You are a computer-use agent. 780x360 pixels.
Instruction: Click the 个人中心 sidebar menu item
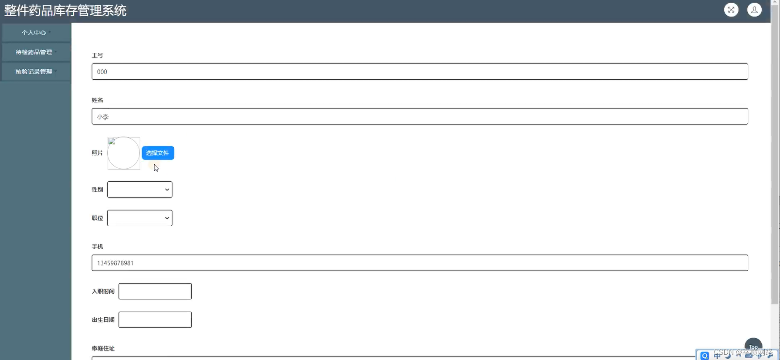click(x=34, y=33)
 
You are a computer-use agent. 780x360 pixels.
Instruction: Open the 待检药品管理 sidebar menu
click(x=34, y=52)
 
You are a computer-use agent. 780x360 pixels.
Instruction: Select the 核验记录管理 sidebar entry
click(x=34, y=72)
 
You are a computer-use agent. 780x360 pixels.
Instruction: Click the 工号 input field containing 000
click(x=420, y=72)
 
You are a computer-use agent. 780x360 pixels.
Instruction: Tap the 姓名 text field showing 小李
click(x=420, y=116)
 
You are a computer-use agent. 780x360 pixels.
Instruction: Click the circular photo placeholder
click(x=124, y=153)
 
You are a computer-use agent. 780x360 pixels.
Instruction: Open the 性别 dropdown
click(x=139, y=190)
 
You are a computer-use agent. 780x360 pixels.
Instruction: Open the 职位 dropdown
click(x=139, y=218)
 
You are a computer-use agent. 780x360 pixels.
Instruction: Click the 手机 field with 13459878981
click(x=420, y=263)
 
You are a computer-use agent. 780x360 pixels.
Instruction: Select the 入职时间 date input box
click(x=155, y=292)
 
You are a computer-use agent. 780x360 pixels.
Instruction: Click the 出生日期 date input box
click(x=155, y=320)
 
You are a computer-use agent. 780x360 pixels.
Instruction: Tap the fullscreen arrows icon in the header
click(x=731, y=10)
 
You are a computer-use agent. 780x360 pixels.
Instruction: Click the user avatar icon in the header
click(x=754, y=10)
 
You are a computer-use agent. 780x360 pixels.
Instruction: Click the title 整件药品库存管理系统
click(x=65, y=10)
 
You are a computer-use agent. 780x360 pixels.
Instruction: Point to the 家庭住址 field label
click(x=103, y=348)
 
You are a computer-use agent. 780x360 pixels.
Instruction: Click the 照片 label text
click(x=98, y=153)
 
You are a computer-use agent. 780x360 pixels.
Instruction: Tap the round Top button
click(x=753, y=346)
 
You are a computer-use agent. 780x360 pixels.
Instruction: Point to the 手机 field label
click(x=98, y=247)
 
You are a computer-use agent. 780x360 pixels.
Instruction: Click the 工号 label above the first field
click(x=98, y=55)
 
